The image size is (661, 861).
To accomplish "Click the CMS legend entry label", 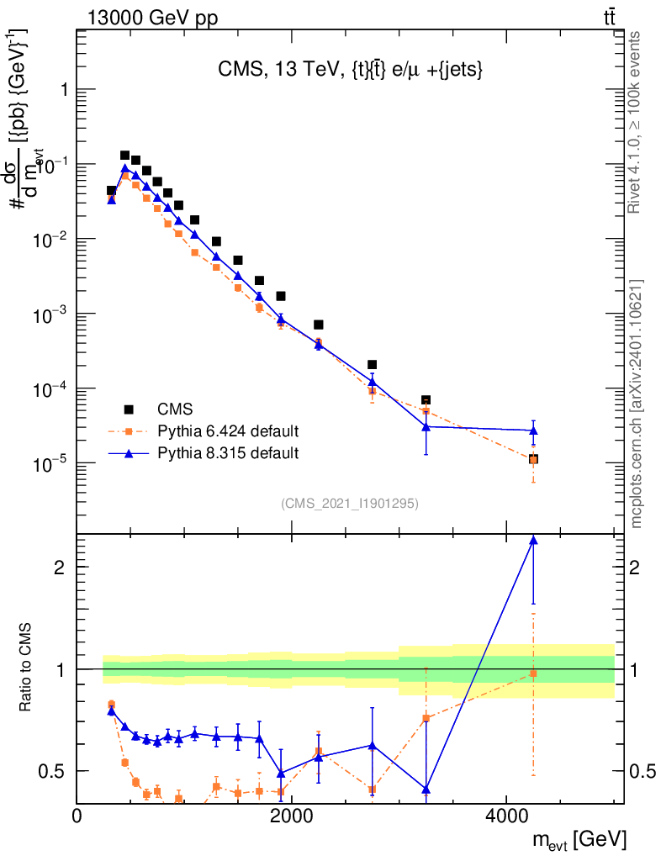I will (x=175, y=409).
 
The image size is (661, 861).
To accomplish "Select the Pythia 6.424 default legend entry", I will (x=228, y=431).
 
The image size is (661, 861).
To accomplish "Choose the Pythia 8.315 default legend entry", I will (x=228, y=453).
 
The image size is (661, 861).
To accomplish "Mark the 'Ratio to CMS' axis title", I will (x=27, y=668).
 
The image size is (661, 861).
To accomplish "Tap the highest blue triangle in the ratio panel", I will (x=533, y=541).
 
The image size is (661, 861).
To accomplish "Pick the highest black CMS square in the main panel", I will (x=124, y=156).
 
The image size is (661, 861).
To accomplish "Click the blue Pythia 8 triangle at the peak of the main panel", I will (x=124, y=168).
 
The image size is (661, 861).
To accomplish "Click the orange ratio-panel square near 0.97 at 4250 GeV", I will (x=533, y=673).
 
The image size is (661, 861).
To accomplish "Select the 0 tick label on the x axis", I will (x=77, y=815).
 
